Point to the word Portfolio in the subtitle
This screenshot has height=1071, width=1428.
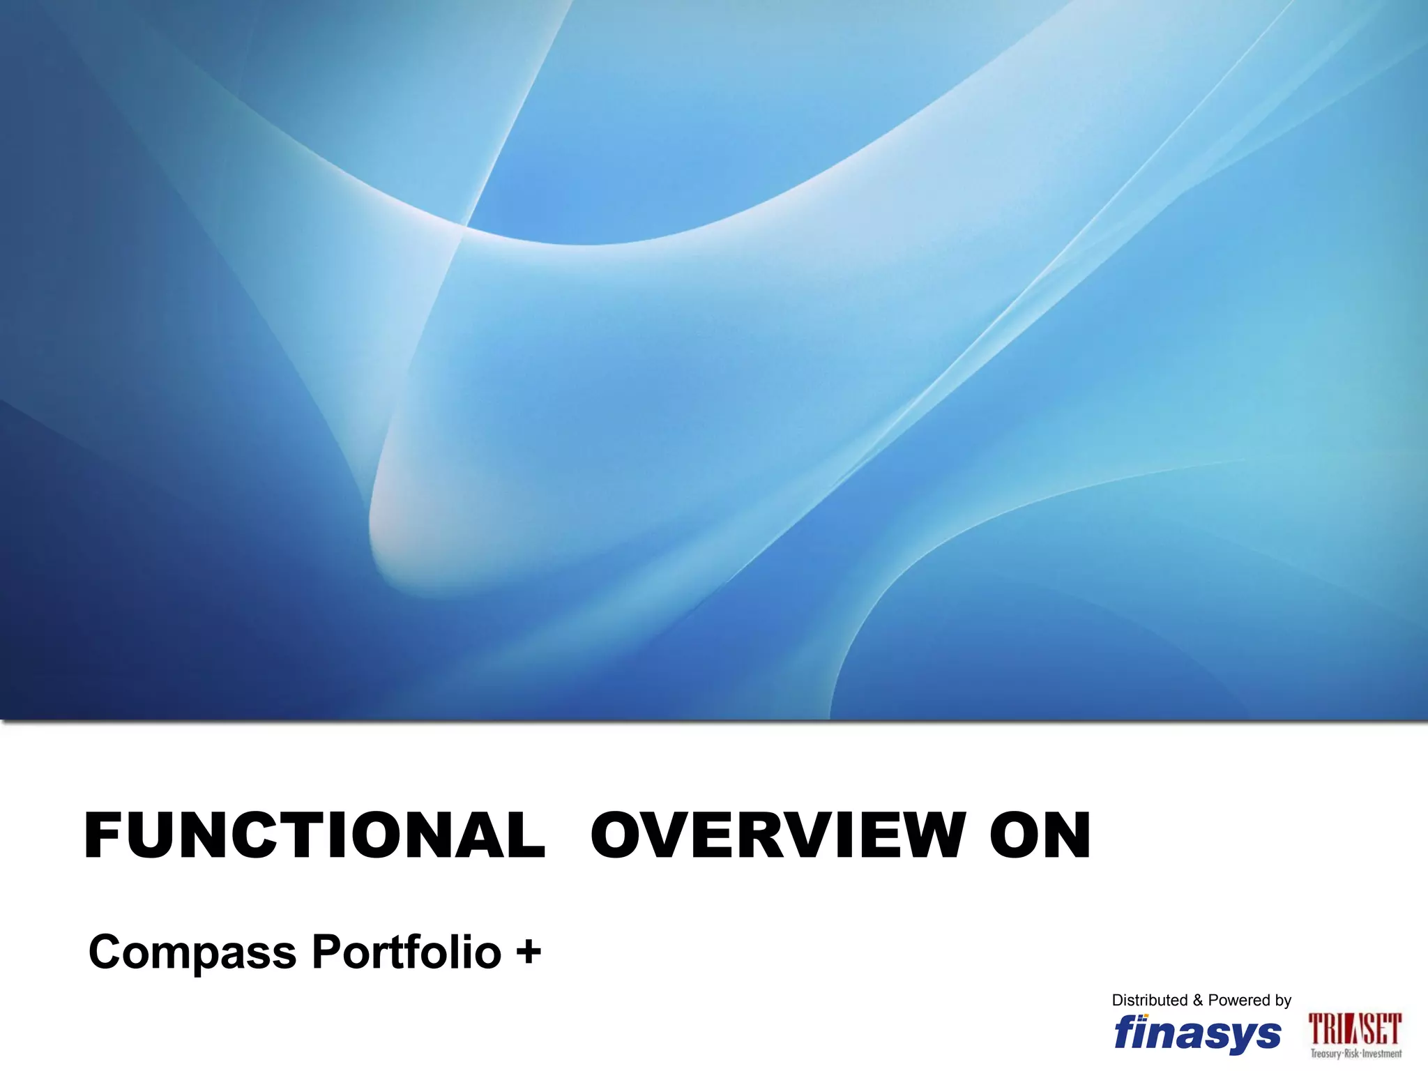pos(406,952)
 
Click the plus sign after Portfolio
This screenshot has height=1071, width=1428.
pos(529,952)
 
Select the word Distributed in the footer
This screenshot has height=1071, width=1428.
pos(1149,1001)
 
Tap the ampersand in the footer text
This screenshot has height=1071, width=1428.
pos(1198,1001)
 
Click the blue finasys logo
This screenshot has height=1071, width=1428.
pos(1197,1033)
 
